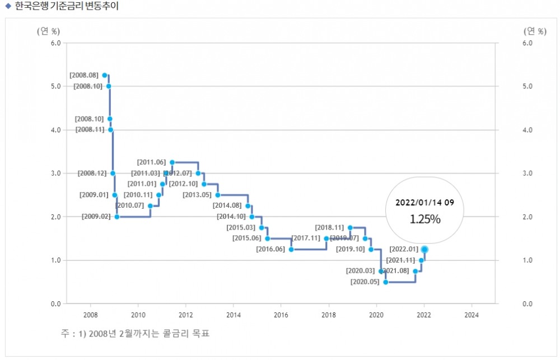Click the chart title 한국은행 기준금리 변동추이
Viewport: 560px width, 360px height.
tap(66, 6)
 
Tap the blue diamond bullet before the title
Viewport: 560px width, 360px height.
tap(8, 6)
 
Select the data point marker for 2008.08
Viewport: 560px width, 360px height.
tap(105, 75)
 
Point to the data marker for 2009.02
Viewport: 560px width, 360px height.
tap(117, 217)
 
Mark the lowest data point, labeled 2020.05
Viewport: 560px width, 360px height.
tap(386, 282)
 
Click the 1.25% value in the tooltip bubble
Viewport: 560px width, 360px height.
tap(425, 219)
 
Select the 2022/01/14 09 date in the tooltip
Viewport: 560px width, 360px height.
tap(425, 202)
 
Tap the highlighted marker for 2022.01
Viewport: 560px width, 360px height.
tap(425, 249)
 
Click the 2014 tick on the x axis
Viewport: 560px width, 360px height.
tap(233, 314)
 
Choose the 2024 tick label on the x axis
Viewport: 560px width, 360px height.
tap(472, 314)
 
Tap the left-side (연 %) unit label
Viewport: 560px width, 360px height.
tap(48, 31)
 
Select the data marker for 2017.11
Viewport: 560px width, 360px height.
tap(326, 239)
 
